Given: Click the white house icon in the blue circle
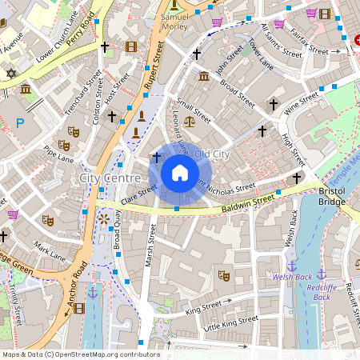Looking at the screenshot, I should tap(180, 173).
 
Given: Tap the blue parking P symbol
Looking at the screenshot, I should tap(20, 122).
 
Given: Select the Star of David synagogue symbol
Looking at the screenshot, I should tap(10, 74).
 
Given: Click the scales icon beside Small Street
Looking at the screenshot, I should tap(189, 122).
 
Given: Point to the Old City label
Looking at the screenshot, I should tap(211, 153).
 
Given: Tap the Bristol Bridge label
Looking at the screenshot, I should tap(331, 196).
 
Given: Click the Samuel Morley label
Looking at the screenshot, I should tap(176, 21).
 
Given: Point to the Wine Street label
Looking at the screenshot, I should tap(302, 101).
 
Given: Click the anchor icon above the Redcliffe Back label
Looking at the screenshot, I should tap(322, 274).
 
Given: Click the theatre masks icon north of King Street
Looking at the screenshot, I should tap(224, 275).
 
